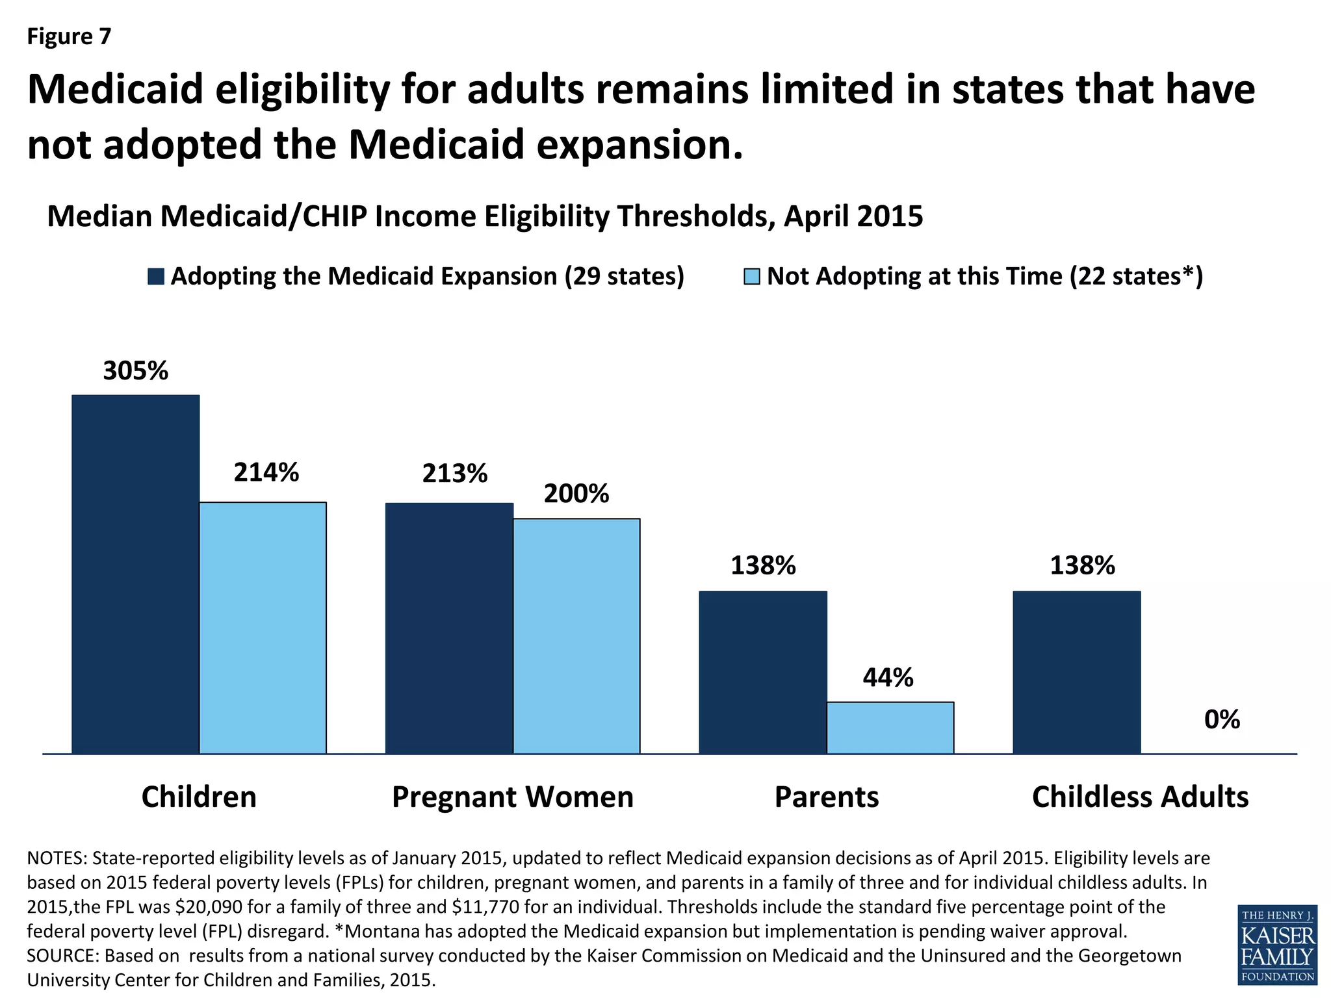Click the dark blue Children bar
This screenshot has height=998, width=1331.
tap(135, 574)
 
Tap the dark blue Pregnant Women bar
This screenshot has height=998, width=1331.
tap(449, 628)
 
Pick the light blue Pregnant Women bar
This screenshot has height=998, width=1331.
tap(576, 636)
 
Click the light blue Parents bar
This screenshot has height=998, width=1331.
tap(890, 728)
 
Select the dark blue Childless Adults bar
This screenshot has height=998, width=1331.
tap(1076, 672)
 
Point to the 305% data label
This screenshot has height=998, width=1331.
tap(136, 371)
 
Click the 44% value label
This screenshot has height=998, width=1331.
tap(888, 678)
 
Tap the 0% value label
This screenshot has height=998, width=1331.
tap(1222, 719)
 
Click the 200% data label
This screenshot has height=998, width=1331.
tap(576, 494)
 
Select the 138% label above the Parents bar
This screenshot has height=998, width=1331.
tap(763, 565)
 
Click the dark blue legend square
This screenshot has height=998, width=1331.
tap(155, 276)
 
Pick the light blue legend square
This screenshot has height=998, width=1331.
tap(751, 276)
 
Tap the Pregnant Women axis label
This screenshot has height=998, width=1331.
tap(513, 797)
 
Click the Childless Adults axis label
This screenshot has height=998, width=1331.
tap(1140, 797)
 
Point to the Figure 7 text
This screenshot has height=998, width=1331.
tap(69, 36)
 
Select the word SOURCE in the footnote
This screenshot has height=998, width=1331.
tap(62, 956)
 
